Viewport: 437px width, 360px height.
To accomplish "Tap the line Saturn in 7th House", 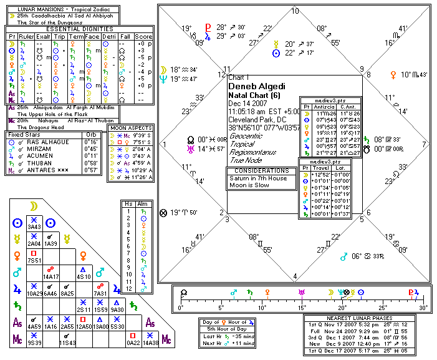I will tap(257, 178).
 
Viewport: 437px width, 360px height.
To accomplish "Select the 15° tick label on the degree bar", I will tap(302, 309).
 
